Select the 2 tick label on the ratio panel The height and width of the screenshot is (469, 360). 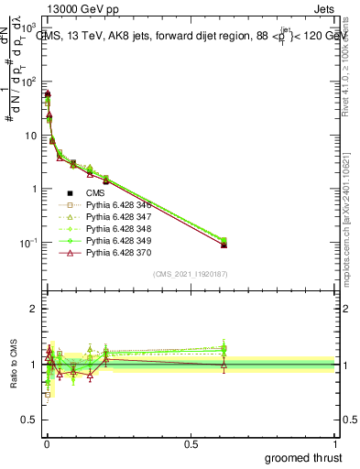(33, 309)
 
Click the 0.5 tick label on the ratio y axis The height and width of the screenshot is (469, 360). (28, 420)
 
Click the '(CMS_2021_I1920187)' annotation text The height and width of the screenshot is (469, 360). (190, 274)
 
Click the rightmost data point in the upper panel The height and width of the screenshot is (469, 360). (224, 245)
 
